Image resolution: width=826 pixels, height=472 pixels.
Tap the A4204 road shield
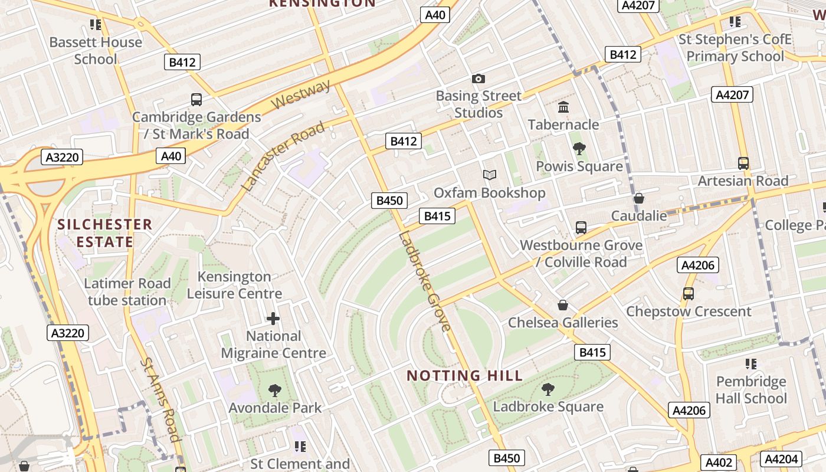tap(781, 459)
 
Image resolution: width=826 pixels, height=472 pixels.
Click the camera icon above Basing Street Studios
tap(478, 78)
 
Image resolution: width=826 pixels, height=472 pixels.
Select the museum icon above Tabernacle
tap(563, 107)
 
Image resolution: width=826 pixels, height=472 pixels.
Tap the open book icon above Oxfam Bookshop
tap(490, 175)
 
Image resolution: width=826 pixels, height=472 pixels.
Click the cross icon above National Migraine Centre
tap(273, 319)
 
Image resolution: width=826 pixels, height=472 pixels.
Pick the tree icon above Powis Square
tap(579, 149)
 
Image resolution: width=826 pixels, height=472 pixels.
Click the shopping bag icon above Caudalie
tap(638, 198)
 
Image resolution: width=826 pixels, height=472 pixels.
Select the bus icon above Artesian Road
tap(743, 163)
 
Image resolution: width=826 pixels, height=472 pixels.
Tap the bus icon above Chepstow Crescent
tap(689, 293)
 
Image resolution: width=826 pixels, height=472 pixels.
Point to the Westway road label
tap(301, 95)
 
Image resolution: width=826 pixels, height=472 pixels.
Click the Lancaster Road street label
tap(283, 156)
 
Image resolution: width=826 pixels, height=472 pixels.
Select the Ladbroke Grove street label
tap(425, 281)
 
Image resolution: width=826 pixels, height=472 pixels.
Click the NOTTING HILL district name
tap(465, 376)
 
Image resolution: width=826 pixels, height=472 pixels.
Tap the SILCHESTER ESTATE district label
tap(105, 233)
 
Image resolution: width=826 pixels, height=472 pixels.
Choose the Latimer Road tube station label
tap(127, 291)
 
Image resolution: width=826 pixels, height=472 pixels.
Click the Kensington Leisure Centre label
tap(235, 285)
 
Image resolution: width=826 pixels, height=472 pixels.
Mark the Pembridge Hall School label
tap(751, 389)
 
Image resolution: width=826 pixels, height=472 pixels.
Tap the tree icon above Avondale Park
tap(274, 390)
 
